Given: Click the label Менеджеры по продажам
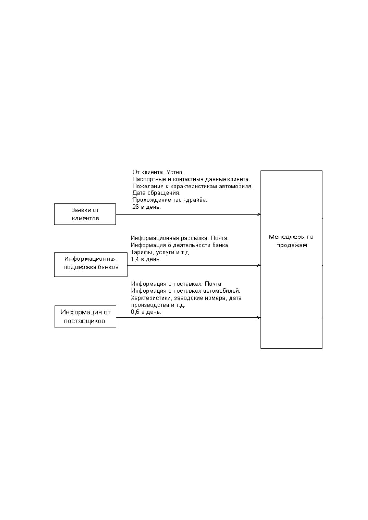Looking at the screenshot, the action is point(291,241).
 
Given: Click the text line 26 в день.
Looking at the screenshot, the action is point(146,207).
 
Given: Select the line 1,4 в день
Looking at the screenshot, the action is point(145,259).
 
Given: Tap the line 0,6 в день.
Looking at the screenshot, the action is point(146,312).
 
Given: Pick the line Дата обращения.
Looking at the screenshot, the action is point(156,193).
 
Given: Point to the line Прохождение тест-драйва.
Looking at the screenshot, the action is point(170,200).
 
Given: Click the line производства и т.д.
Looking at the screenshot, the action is point(158,305).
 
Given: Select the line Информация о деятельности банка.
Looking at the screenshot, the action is point(180,245).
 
